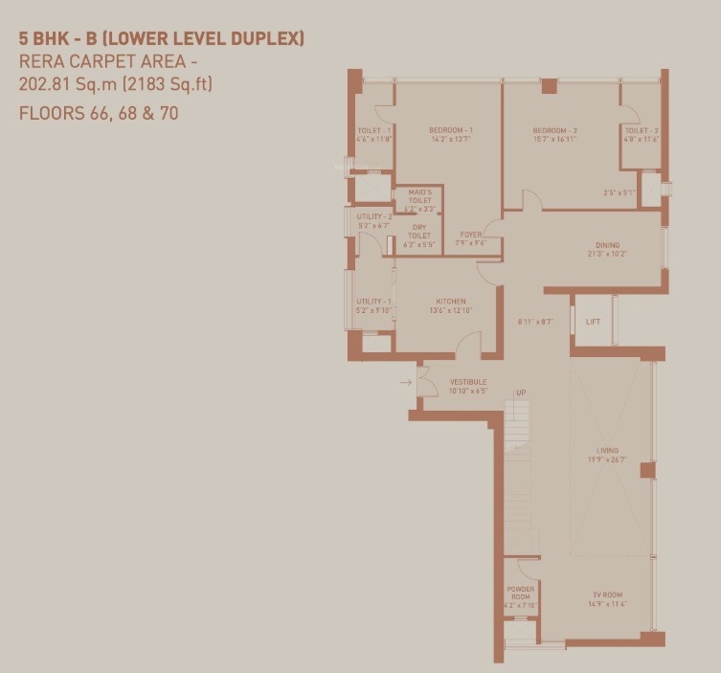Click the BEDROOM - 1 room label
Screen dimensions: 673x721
[451, 130]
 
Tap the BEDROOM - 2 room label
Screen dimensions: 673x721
[555, 130]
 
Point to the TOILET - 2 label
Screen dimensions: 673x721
[641, 130]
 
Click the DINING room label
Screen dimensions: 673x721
[606, 245]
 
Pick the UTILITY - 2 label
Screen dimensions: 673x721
[374, 217]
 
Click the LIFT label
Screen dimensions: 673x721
[594, 322]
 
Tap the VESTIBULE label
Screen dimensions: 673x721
[468, 382]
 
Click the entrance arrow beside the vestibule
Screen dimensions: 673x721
[406, 383]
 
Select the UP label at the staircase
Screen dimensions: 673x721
[521, 393]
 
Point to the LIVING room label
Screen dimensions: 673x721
[606, 450]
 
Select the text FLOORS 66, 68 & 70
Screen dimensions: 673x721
[99, 113]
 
